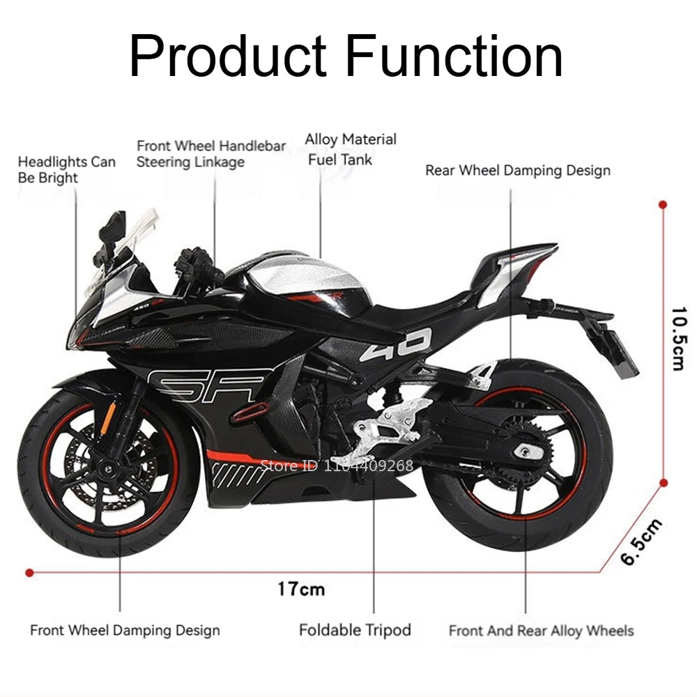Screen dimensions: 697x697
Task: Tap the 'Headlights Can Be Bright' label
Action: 66,169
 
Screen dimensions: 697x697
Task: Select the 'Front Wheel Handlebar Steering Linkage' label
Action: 210,154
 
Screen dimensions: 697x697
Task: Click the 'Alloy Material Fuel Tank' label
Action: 350,149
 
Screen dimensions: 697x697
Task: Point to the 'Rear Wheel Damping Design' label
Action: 517,170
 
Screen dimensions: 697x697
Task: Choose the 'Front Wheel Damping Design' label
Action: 125,631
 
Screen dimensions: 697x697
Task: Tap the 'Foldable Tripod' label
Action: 355,630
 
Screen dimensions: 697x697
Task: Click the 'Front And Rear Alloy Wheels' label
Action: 541,631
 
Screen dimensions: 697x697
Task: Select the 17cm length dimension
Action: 301,589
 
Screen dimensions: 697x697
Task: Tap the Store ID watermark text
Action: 337,466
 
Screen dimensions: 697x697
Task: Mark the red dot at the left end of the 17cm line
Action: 29,573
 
